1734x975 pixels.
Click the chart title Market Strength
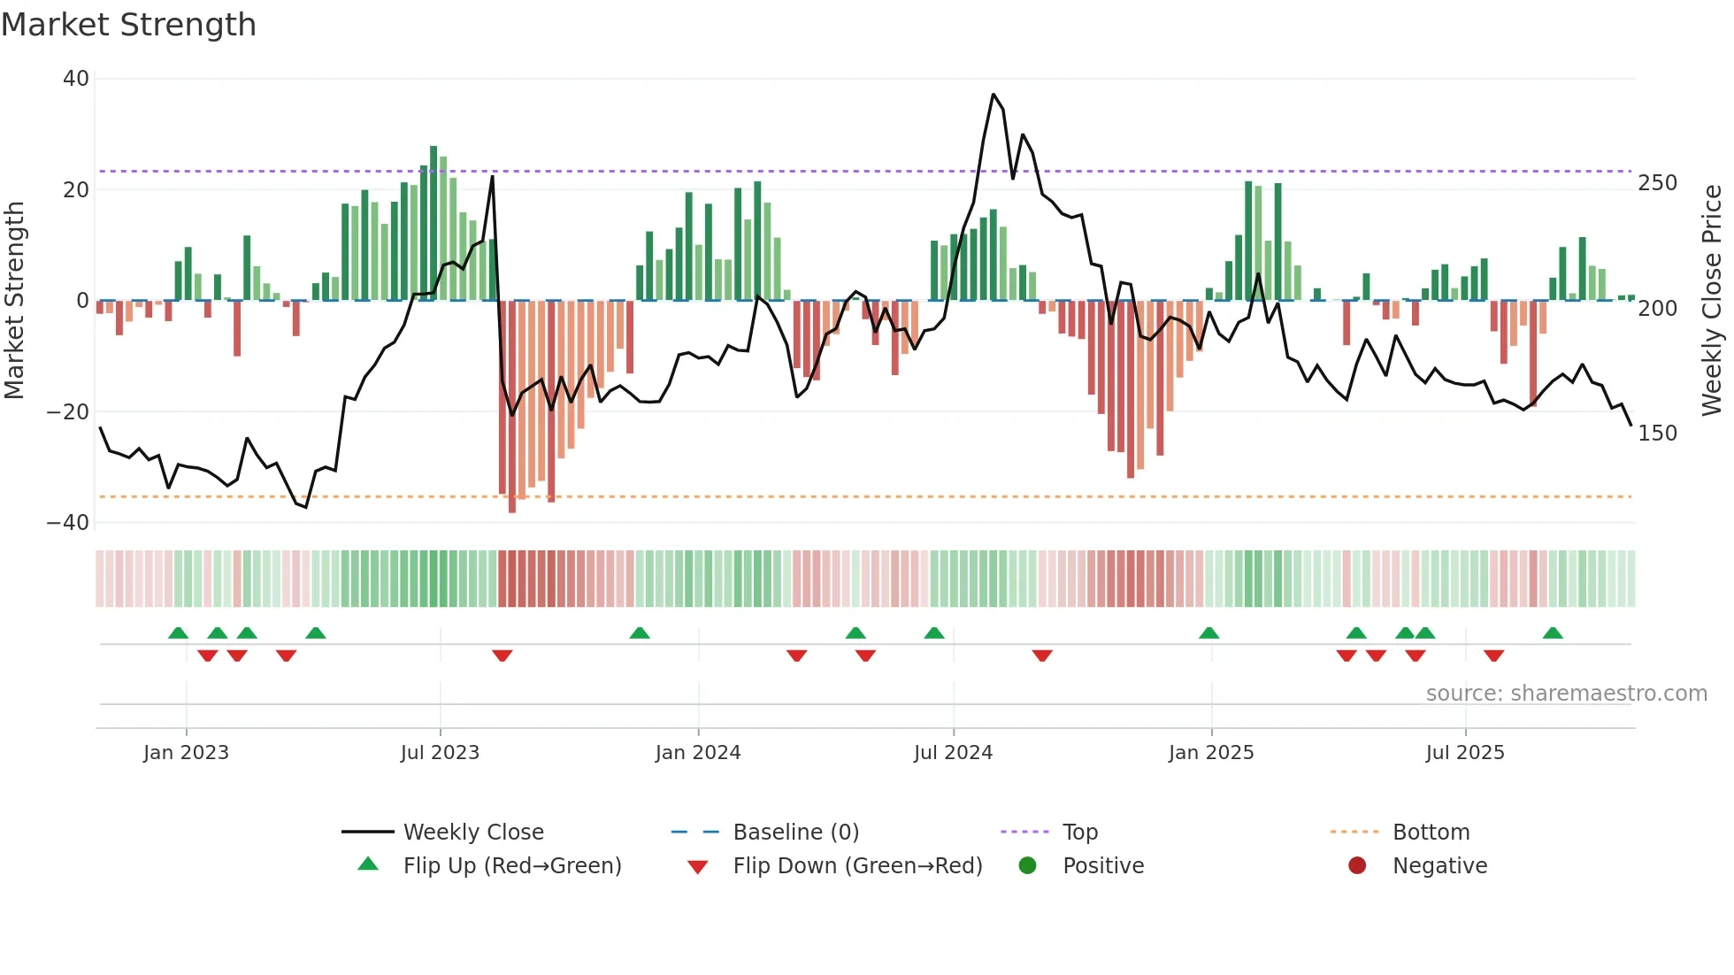point(128,25)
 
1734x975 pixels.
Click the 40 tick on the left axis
point(76,79)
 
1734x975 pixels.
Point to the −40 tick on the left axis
point(68,523)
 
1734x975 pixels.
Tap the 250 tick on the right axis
point(1657,183)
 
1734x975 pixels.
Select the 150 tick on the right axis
point(1657,434)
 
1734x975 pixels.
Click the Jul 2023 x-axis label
point(440,753)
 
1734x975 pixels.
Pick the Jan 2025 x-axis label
point(1211,753)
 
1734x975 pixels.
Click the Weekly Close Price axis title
point(1713,301)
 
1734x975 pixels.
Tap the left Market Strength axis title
point(15,301)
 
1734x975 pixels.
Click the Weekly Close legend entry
point(473,833)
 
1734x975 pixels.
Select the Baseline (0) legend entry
point(795,833)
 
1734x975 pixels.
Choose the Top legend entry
point(1079,833)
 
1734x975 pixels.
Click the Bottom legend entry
point(1431,833)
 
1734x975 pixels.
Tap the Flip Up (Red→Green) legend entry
point(511,866)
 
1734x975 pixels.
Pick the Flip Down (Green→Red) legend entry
point(857,866)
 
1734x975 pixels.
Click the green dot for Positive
point(1027,866)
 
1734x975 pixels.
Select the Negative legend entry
point(1439,866)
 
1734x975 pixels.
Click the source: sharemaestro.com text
point(1566,694)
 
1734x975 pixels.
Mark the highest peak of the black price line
point(994,95)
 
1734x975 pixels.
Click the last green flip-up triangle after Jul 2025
point(1553,633)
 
